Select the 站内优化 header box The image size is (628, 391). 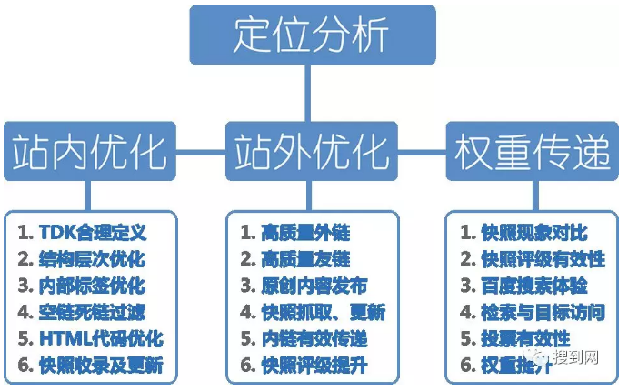(x=88, y=152)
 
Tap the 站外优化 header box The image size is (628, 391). (x=312, y=152)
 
